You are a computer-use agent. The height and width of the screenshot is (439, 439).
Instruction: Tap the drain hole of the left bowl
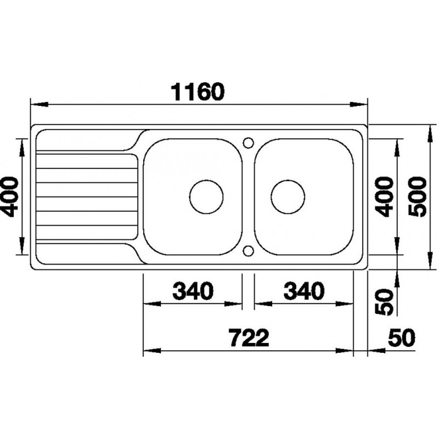point(207,196)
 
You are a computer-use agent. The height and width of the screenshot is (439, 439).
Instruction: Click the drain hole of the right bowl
point(288,196)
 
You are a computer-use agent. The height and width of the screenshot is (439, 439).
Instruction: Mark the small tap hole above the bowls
point(247,142)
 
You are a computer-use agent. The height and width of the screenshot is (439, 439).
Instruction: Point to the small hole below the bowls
point(247,251)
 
